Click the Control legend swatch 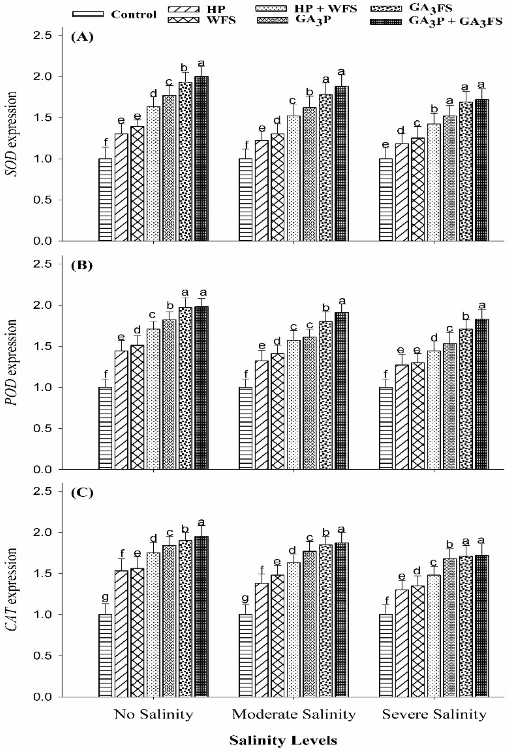tap(88, 14)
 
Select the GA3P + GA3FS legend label tap(455, 22)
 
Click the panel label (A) tap(82, 38)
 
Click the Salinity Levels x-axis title tap(283, 731)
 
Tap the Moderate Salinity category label tap(294, 705)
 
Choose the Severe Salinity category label tap(434, 705)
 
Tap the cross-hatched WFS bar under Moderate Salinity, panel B tap(278, 411)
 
